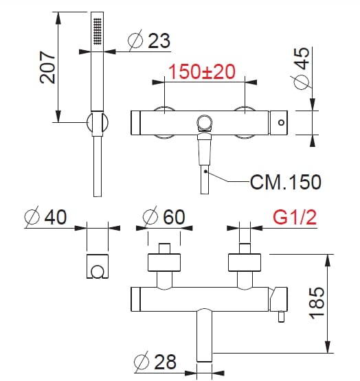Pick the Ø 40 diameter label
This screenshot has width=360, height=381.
point(45,218)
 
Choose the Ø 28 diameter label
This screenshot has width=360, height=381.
point(157,360)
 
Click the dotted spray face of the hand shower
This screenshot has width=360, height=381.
point(98,31)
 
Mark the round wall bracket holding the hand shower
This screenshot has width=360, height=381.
point(97,123)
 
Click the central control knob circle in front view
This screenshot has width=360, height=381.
point(205,124)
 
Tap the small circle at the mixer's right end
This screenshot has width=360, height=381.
point(280,123)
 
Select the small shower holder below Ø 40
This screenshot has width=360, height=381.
point(98,268)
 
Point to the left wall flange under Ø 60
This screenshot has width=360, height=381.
point(164,263)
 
